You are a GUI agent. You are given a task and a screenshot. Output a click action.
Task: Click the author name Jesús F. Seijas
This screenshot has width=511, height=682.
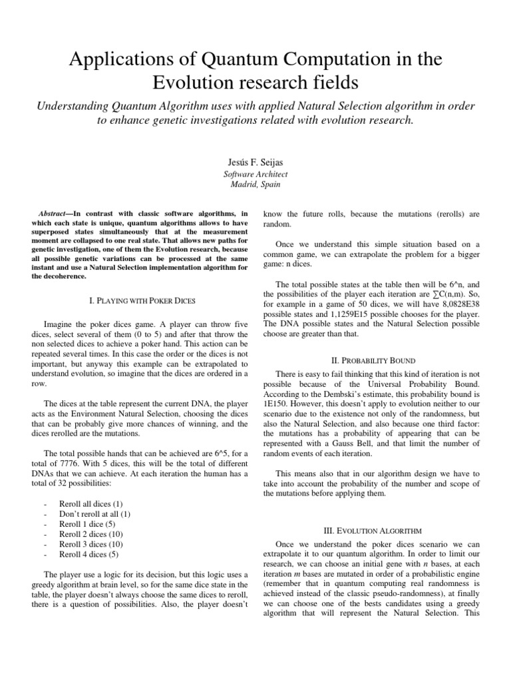point(255,162)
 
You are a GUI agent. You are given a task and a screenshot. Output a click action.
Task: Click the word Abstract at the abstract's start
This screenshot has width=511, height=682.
point(55,212)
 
